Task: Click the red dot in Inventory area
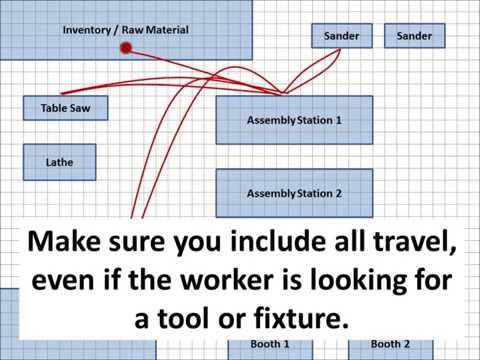[126, 47]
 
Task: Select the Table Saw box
[65, 107]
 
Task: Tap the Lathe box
[59, 161]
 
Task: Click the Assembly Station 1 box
[294, 120]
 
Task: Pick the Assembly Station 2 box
[294, 193]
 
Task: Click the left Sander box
[342, 36]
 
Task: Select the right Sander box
[414, 36]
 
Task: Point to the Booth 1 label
[270, 344]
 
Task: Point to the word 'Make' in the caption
[68, 242]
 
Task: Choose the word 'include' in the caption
[252, 242]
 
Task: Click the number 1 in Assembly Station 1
[339, 120]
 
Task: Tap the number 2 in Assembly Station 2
[339, 193]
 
